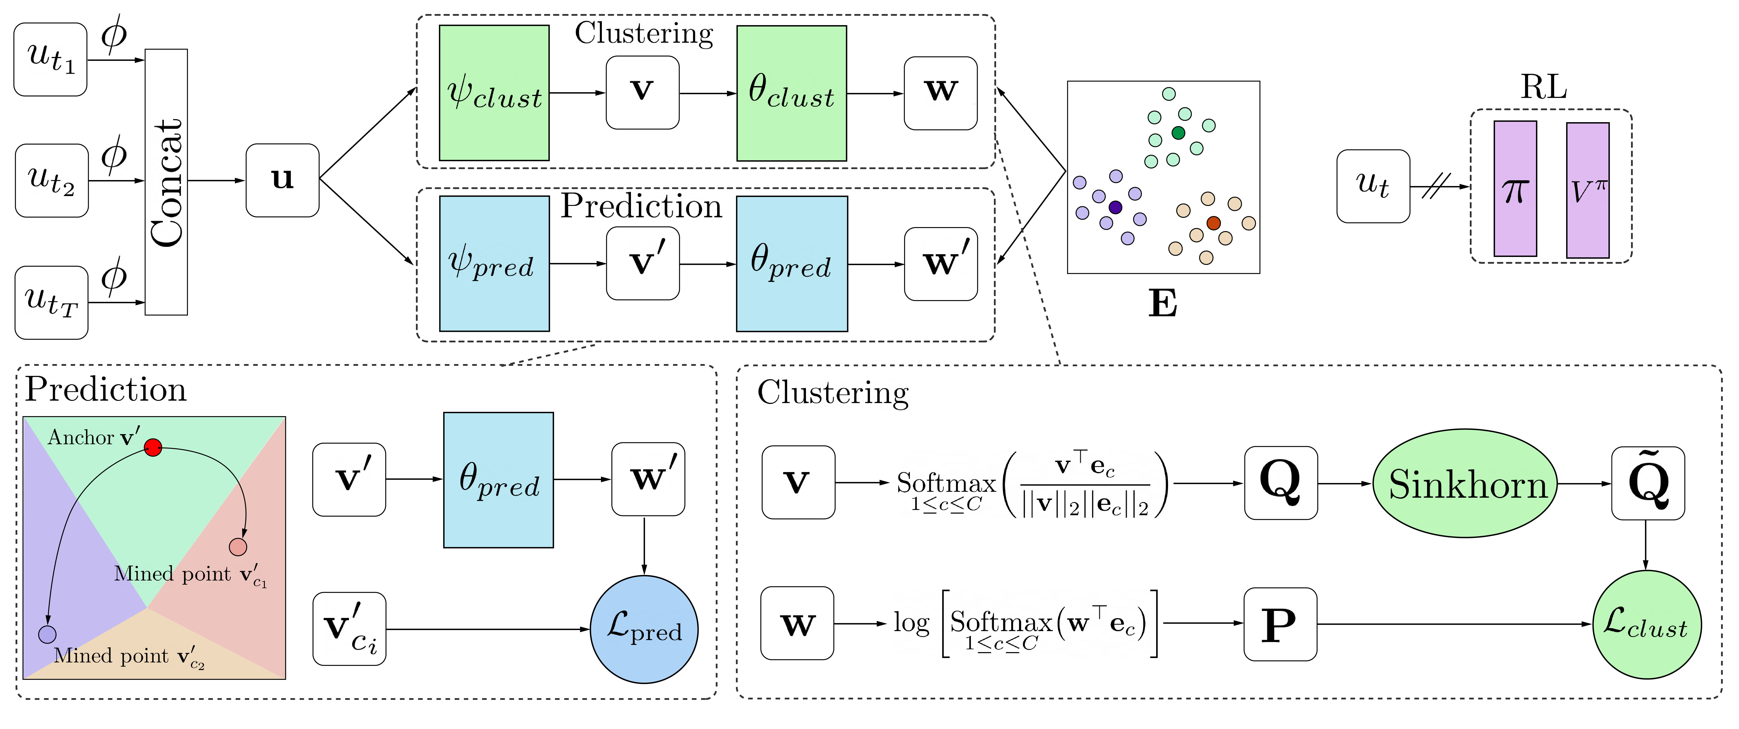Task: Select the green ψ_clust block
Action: click(x=494, y=93)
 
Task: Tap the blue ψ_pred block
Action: click(x=494, y=263)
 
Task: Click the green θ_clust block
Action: click(x=791, y=93)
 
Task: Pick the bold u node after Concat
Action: click(x=282, y=180)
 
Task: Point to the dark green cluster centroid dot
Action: click(x=1178, y=133)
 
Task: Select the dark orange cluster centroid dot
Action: click(x=1213, y=223)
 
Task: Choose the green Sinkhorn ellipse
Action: click(x=1465, y=483)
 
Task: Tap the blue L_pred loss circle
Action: click(x=644, y=629)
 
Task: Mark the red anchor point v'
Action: click(x=153, y=447)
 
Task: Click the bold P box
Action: click(x=1280, y=624)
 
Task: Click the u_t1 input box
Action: click(x=51, y=59)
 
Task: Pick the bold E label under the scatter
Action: click(x=1163, y=304)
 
